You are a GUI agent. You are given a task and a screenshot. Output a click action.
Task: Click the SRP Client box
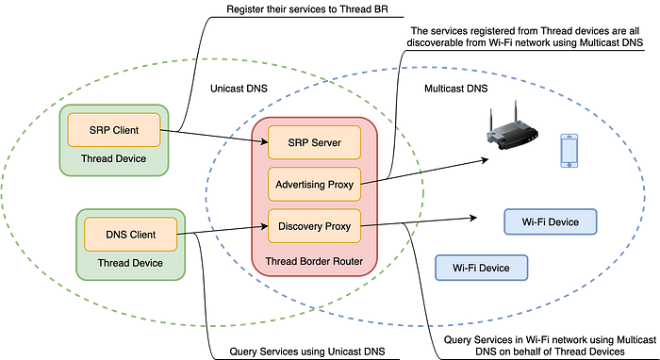point(114,130)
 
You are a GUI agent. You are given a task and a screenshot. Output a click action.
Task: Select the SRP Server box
point(314,142)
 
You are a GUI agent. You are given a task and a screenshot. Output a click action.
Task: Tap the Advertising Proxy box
point(314,184)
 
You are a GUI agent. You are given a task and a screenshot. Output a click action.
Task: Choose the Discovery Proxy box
point(314,226)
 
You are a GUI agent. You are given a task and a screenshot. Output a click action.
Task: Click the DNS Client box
point(130,235)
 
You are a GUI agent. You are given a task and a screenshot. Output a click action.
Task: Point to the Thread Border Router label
point(314,261)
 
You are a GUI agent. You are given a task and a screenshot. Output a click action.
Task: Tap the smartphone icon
point(569,151)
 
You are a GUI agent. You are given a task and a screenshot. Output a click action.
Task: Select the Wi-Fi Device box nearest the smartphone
point(550,221)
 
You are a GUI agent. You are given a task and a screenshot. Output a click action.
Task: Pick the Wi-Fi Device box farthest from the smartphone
point(481,268)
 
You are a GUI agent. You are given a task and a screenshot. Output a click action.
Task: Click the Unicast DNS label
point(239,89)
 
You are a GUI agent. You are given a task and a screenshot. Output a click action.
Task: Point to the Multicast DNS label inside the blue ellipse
point(455,89)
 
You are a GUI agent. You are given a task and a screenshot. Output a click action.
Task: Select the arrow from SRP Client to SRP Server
point(214,137)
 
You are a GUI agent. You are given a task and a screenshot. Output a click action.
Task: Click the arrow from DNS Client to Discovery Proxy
point(223,231)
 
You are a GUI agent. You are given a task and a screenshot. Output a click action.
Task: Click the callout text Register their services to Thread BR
point(306,9)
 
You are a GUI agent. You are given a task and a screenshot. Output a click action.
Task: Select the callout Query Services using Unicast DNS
point(306,352)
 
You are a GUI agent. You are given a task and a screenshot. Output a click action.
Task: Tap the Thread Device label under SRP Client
point(114,158)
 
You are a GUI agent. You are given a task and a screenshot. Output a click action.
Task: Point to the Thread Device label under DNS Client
point(130,263)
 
